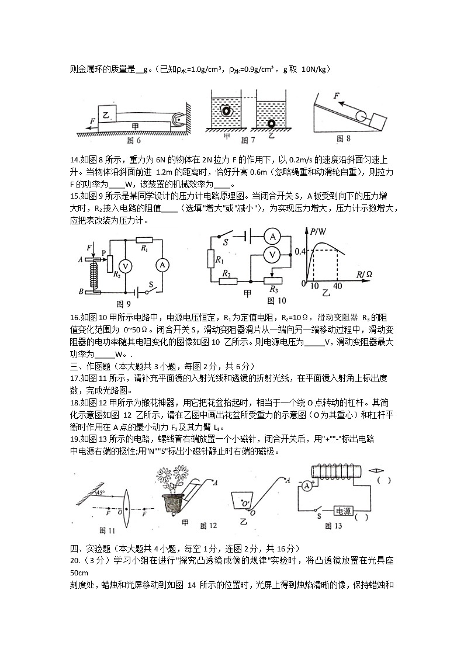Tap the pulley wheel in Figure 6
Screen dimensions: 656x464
tap(177, 120)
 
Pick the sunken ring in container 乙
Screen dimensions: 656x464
tap(271, 124)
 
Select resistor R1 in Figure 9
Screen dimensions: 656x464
tap(143, 240)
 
